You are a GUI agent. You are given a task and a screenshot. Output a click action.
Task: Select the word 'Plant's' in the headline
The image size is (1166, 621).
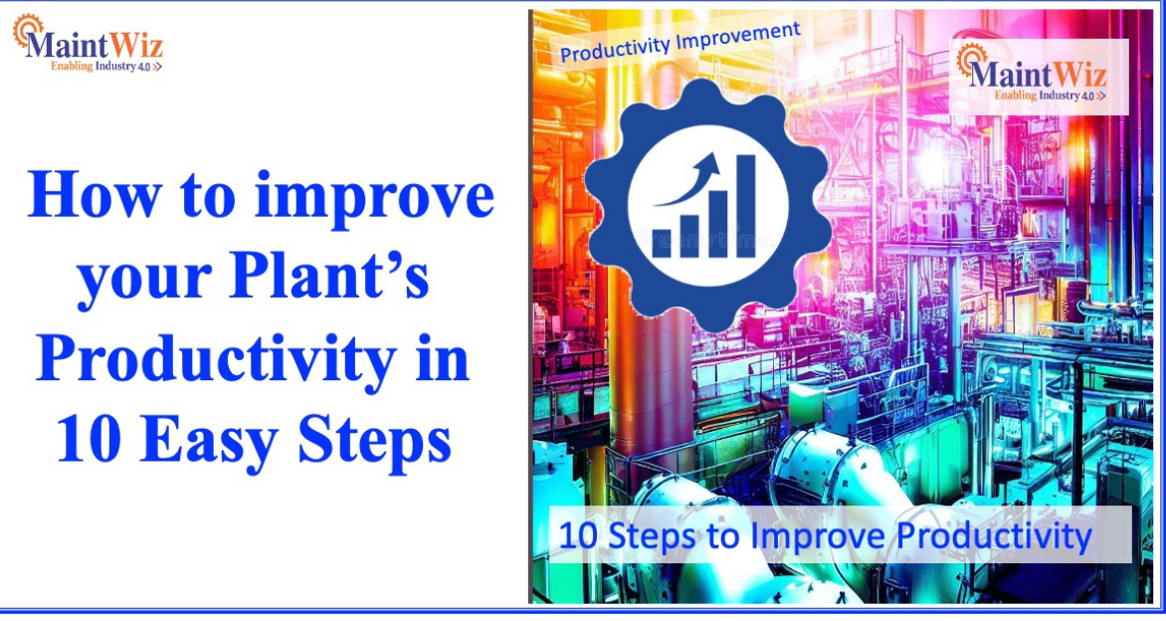(332, 279)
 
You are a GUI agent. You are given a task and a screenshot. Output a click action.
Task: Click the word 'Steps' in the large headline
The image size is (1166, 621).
(374, 439)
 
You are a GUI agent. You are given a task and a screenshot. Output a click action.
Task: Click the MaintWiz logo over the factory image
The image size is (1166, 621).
(1035, 75)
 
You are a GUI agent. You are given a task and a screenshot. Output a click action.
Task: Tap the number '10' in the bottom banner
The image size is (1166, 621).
(576, 535)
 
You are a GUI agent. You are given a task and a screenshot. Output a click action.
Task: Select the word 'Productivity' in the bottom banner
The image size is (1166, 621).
(994, 535)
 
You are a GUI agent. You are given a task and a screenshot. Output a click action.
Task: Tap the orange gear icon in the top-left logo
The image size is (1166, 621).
(24, 30)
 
